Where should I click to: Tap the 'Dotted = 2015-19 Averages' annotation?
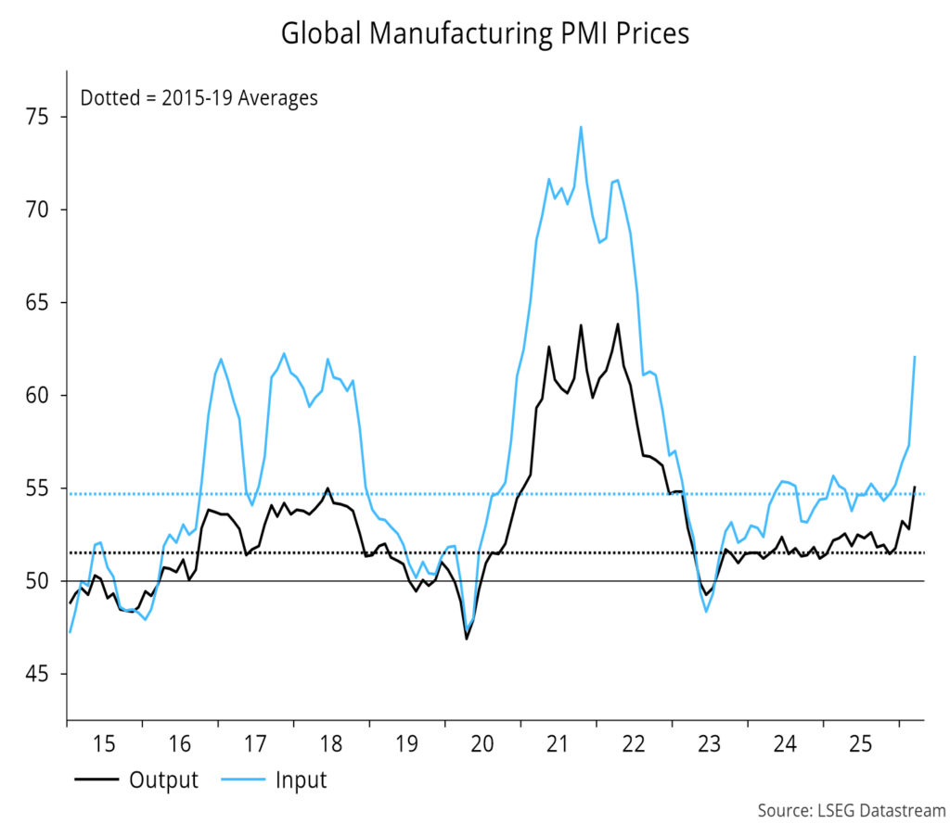[x=199, y=97]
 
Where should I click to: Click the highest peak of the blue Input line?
[x=581, y=127]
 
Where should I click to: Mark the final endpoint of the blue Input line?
[x=915, y=357]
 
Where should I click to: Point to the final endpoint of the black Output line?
[x=915, y=487]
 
